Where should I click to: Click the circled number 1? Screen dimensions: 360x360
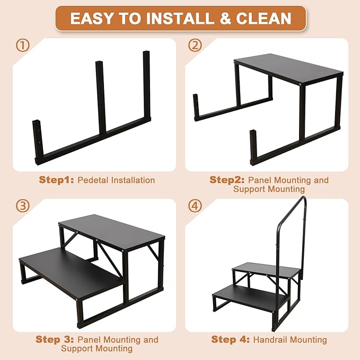pos(22,46)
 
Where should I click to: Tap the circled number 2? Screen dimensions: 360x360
pos(196,46)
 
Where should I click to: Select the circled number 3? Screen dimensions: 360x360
pos(22,206)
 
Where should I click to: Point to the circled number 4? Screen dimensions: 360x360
pos(196,206)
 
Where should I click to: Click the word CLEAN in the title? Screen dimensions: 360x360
pos(264,19)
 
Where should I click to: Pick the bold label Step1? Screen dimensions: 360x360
pos(56,180)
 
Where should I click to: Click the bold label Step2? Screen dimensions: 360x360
pos(227,180)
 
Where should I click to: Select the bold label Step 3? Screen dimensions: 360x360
pos(55,339)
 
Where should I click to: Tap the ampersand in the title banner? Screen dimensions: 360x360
pos(225,19)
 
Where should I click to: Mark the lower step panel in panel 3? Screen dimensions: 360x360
pos(69,271)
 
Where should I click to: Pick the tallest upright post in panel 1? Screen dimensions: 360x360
pos(147,85)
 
